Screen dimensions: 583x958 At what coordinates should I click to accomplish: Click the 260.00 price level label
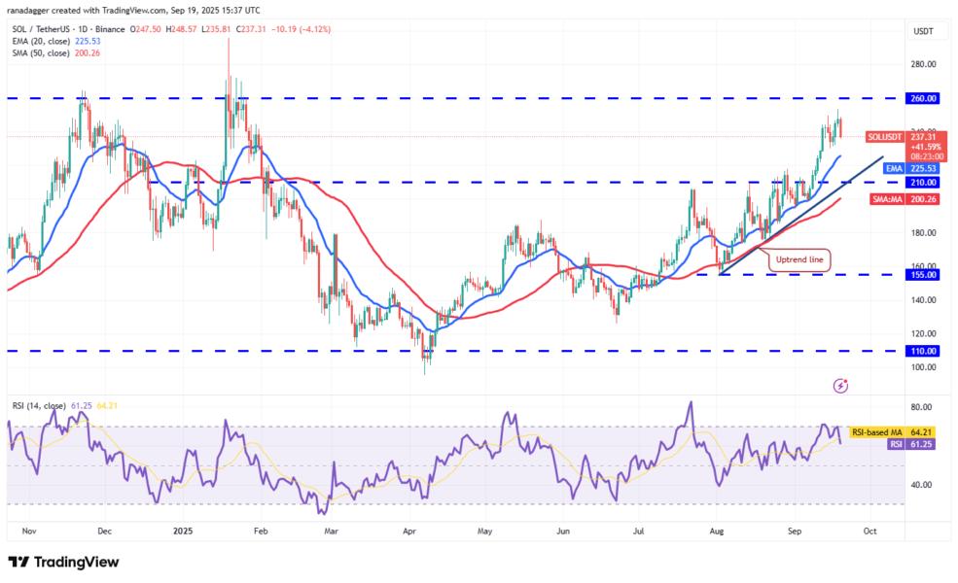(x=923, y=98)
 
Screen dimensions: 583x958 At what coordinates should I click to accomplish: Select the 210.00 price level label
(x=923, y=182)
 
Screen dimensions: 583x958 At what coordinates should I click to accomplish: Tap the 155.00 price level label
(x=923, y=275)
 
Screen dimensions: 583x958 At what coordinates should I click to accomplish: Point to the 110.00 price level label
(x=923, y=351)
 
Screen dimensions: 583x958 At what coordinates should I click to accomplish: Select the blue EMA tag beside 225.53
(x=892, y=168)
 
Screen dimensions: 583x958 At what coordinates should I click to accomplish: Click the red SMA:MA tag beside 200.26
(x=892, y=198)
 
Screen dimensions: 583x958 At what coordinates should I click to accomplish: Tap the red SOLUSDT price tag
(x=889, y=137)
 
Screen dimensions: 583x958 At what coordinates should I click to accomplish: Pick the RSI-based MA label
(x=876, y=431)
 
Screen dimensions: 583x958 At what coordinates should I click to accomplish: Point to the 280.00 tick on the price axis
(x=923, y=64)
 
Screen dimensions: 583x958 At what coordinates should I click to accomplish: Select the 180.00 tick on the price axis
(x=923, y=233)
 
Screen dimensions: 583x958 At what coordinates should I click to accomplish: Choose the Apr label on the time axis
(x=409, y=532)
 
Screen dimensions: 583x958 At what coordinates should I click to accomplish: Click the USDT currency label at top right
(x=922, y=32)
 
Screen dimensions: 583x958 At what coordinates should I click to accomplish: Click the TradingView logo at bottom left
(x=63, y=562)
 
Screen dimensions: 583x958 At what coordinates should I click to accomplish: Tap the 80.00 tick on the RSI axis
(x=921, y=407)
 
